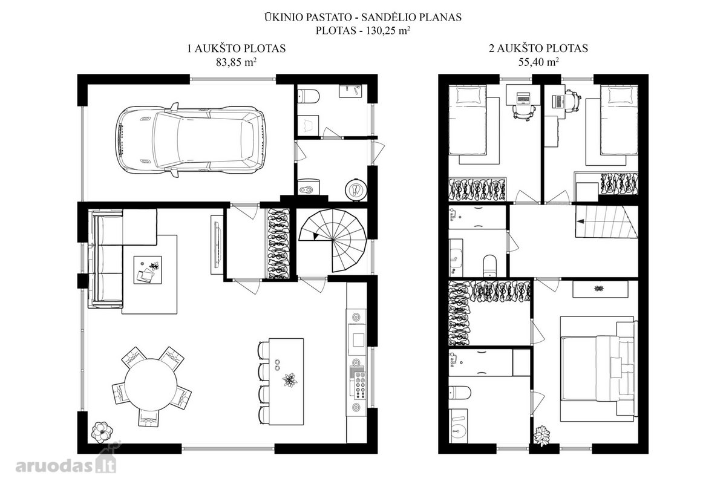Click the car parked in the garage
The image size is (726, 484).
(191, 140)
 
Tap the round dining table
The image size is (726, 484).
(151, 385)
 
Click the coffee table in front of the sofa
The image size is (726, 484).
(148, 270)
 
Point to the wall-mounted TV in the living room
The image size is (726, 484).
(217, 245)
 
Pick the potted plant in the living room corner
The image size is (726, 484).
(102, 432)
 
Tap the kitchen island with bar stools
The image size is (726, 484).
(286, 381)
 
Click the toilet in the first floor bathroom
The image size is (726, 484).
(308, 96)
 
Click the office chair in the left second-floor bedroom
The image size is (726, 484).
(523, 111)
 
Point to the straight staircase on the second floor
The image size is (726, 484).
(606, 222)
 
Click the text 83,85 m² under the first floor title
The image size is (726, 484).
(237, 62)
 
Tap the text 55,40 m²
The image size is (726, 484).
(538, 62)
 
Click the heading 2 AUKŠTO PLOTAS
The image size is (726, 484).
(538, 48)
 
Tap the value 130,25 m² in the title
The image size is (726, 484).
(388, 31)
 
